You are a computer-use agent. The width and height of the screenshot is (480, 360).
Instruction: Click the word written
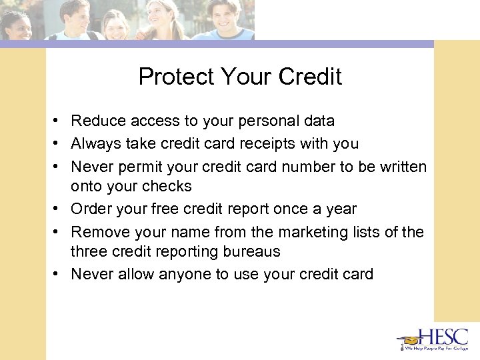click(401, 166)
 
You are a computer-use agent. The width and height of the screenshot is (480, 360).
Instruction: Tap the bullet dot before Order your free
click(59, 209)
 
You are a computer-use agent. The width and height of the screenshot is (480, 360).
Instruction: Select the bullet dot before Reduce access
click(59, 121)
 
